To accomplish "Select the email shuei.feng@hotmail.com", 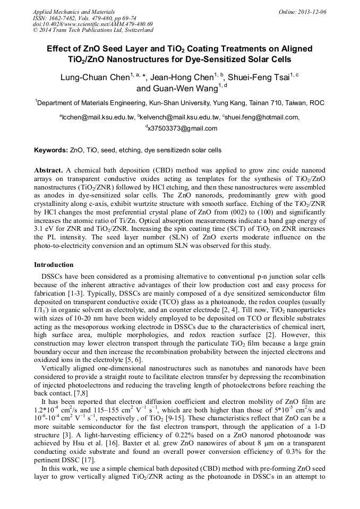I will [262, 117].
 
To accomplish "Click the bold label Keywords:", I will [51, 151].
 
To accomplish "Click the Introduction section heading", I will [54, 265].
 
